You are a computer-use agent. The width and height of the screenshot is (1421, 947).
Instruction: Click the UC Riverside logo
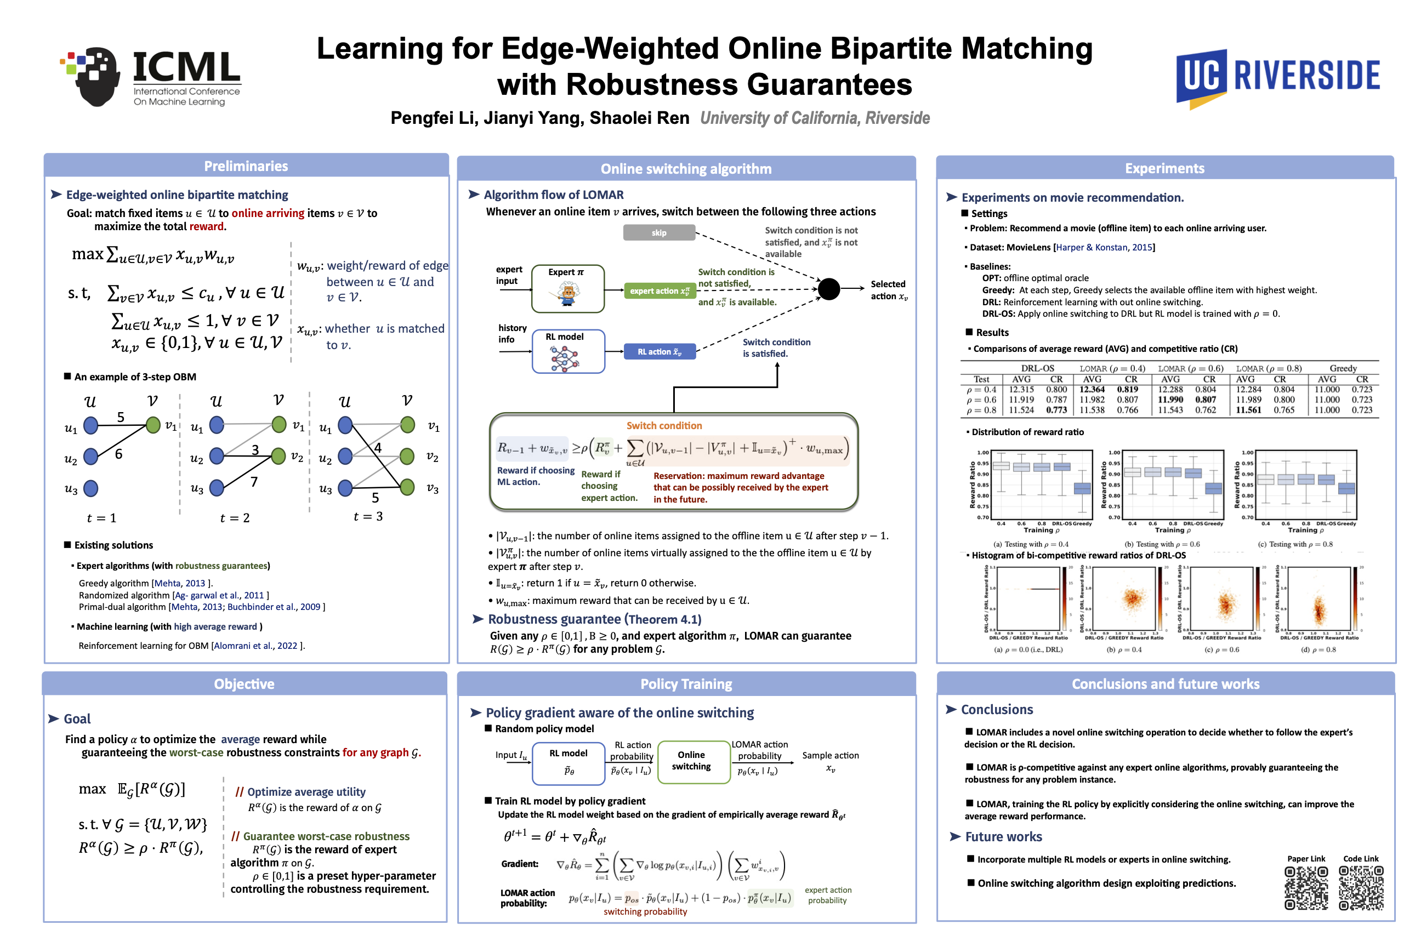[x=1277, y=77]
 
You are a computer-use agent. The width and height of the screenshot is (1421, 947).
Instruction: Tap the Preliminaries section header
[x=246, y=166]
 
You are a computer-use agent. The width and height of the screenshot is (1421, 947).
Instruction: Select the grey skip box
[x=658, y=232]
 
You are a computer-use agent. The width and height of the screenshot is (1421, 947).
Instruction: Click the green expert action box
[x=659, y=291]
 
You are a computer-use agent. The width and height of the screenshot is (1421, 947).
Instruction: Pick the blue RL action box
[x=659, y=351]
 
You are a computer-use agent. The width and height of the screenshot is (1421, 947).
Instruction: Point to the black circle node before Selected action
[x=828, y=289]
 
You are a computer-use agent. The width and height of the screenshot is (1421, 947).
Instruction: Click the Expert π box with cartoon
[x=567, y=289]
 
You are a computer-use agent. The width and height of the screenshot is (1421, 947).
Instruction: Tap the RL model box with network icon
[x=567, y=351]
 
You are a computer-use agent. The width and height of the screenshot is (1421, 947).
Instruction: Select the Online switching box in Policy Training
[x=691, y=761]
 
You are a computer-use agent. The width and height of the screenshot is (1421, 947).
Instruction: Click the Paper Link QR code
[x=1306, y=888]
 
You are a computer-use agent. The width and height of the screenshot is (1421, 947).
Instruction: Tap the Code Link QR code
[x=1361, y=888]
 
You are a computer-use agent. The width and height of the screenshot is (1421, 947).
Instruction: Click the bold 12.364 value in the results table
[x=1092, y=390]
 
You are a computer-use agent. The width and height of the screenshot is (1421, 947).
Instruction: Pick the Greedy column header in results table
[x=1343, y=368]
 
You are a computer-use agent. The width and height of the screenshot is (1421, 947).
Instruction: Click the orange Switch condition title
[x=663, y=426]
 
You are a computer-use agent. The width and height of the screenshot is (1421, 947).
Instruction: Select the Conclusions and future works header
[x=1165, y=684]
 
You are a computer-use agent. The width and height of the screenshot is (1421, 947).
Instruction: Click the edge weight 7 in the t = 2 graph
[x=254, y=481]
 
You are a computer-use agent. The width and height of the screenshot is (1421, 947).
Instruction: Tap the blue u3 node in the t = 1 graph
[x=90, y=488]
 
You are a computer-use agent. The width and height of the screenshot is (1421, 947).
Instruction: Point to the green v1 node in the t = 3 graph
[x=408, y=425]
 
